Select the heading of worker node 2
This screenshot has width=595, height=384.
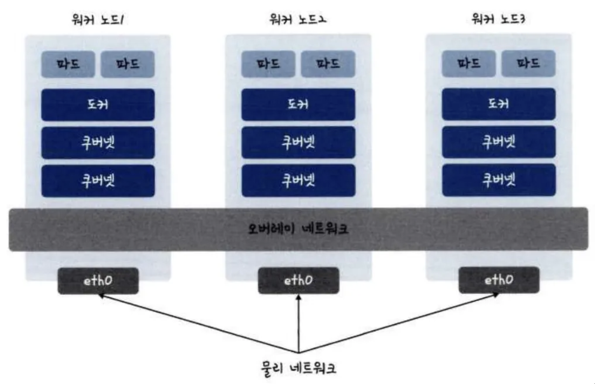point(298,20)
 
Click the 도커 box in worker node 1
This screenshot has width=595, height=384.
point(98,105)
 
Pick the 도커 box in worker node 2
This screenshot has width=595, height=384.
point(298,105)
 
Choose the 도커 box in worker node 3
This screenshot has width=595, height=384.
point(498,104)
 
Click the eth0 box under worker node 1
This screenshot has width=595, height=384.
point(98,281)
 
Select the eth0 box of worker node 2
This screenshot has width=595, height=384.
point(298,281)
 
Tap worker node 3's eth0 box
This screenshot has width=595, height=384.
point(499,281)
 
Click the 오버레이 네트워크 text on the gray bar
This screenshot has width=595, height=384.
point(298,229)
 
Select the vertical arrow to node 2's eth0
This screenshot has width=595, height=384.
point(298,324)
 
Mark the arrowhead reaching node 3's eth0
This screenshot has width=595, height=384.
point(496,295)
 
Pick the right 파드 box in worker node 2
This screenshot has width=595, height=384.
point(328,64)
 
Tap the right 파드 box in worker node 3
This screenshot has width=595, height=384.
point(528,64)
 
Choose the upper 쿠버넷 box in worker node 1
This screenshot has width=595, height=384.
point(98,143)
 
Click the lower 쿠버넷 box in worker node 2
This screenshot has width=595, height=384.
point(298,181)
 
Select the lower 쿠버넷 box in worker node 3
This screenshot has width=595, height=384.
point(498,180)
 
